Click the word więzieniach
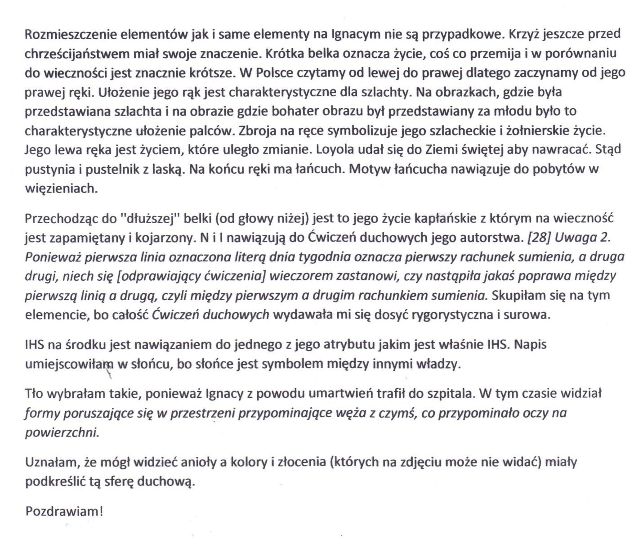(61, 189)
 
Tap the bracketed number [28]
(539, 238)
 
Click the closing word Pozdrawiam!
(64, 512)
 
